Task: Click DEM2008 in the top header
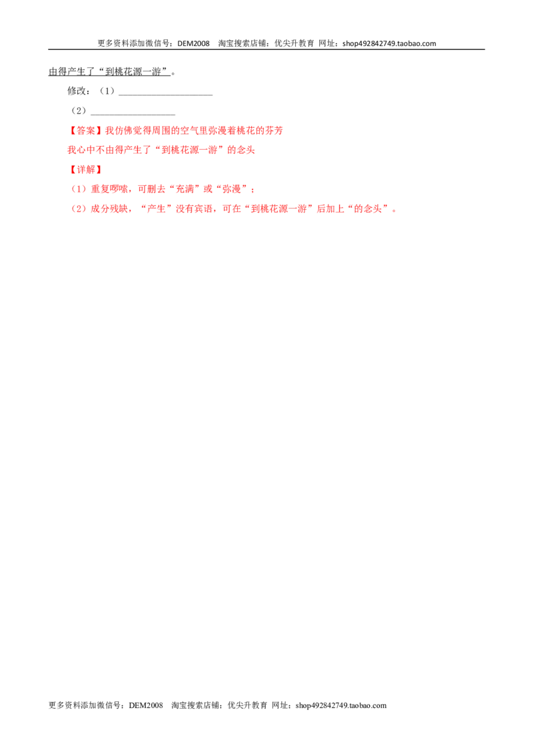193,43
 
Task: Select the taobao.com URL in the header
389,43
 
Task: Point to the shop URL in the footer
341,705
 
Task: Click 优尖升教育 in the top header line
294,43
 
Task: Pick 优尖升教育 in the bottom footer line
247,705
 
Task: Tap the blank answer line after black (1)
165,95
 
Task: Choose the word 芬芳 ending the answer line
274,131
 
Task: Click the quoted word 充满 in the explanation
185,189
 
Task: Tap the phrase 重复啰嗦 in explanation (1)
109,189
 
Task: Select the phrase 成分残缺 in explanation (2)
109,208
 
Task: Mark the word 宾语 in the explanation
203,208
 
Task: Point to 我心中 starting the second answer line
81,150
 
